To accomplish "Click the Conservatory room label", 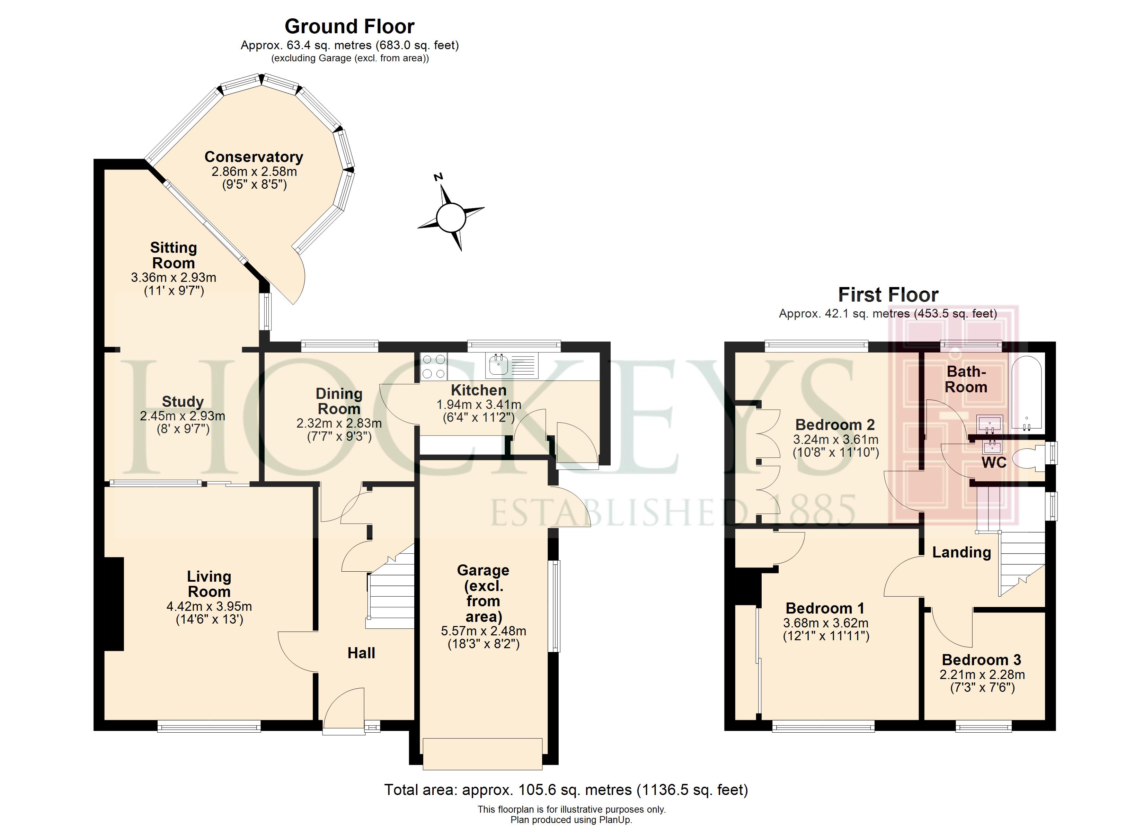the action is (x=254, y=157).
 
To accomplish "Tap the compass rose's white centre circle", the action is (x=451, y=218).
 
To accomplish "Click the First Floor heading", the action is (x=888, y=295).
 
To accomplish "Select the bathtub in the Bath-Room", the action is (x=1027, y=394).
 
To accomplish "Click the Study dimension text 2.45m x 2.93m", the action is (x=183, y=416).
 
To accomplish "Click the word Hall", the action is (x=361, y=653).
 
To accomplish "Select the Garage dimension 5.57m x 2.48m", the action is (x=483, y=631).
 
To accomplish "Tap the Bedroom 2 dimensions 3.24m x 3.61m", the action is (x=835, y=439).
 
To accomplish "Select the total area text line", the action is (x=566, y=790).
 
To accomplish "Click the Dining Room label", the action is (x=339, y=401).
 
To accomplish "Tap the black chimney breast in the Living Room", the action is (x=114, y=604).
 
